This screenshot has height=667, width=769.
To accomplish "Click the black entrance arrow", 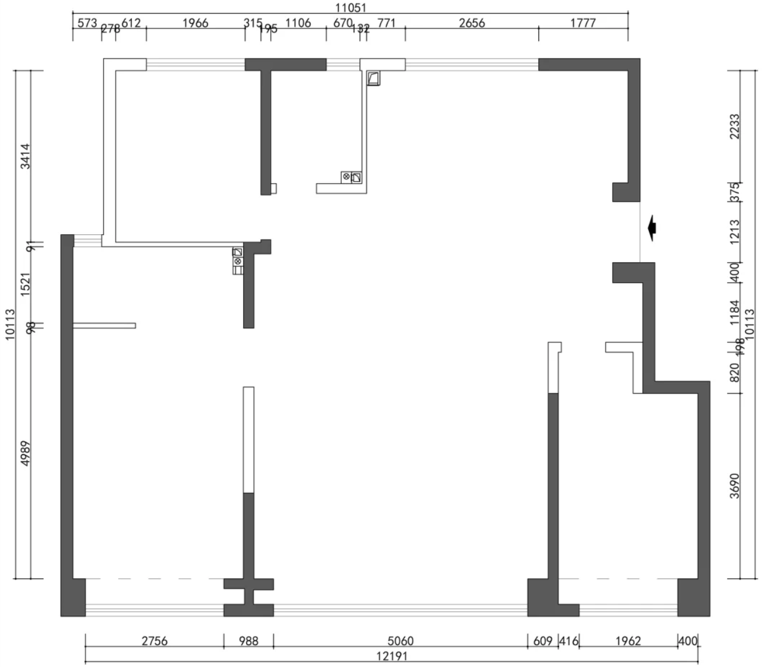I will tap(652, 228).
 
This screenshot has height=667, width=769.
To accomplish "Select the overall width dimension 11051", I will tap(351, 8).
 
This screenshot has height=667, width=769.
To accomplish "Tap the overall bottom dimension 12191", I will tap(392, 656).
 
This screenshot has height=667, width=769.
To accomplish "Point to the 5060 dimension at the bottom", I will tap(400, 641).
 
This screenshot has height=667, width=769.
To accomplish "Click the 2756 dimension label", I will tap(154, 641).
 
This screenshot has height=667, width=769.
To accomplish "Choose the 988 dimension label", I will tap(248, 641).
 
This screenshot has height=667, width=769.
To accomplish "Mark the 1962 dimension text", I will tap(628, 641).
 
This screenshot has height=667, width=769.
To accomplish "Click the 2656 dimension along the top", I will tap(472, 23).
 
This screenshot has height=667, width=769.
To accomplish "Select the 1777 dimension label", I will tap(583, 23).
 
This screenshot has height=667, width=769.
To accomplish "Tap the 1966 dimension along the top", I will tap(195, 23).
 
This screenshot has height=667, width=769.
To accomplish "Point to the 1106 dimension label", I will tap(298, 23).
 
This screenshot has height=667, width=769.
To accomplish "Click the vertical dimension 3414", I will tap(25, 156).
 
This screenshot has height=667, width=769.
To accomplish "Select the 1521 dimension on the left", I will tap(25, 284).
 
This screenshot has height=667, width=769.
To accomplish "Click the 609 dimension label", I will tap(543, 641).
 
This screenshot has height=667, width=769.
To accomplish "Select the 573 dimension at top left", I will tap(87, 23).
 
